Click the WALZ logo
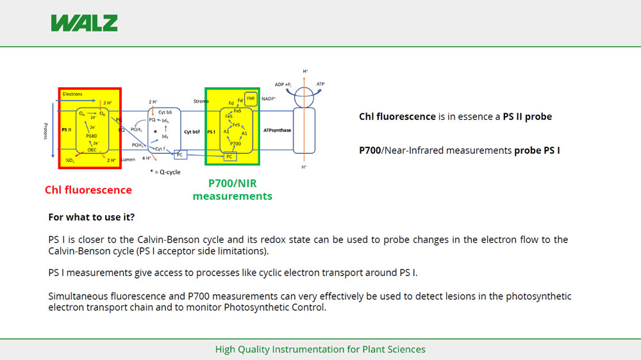coord(84,23)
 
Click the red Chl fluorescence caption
coord(88,190)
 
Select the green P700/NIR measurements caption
coord(232,190)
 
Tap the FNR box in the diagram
coord(251,98)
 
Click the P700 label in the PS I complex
coord(236,143)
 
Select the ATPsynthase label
coord(277,131)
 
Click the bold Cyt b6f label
coord(192,132)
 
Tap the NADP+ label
coord(269,99)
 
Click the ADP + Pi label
coord(283,85)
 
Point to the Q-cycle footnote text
coord(167,172)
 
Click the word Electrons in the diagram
coord(72,94)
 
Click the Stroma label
coord(201,101)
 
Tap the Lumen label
coord(128,160)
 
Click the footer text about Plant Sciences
coord(320,349)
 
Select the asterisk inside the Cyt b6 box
coord(155,131)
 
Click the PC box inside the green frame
coord(229,156)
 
